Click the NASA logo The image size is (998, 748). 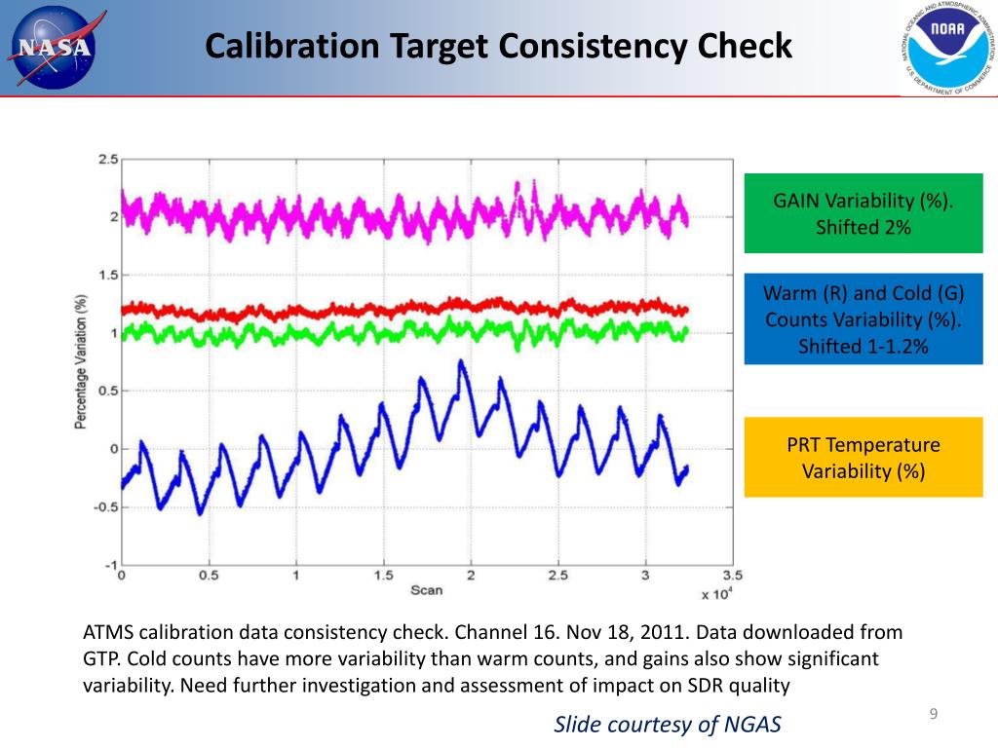[54, 48]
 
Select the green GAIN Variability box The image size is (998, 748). [864, 213]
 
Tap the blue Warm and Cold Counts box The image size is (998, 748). [864, 319]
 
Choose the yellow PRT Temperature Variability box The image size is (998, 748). [864, 458]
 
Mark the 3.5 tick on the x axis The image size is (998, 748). [732, 575]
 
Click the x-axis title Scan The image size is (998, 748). [426, 590]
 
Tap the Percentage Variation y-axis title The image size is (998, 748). [83, 362]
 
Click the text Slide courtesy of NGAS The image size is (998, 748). [668, 724]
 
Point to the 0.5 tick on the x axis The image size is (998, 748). [209, 575]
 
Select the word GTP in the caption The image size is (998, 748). [100, 658]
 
